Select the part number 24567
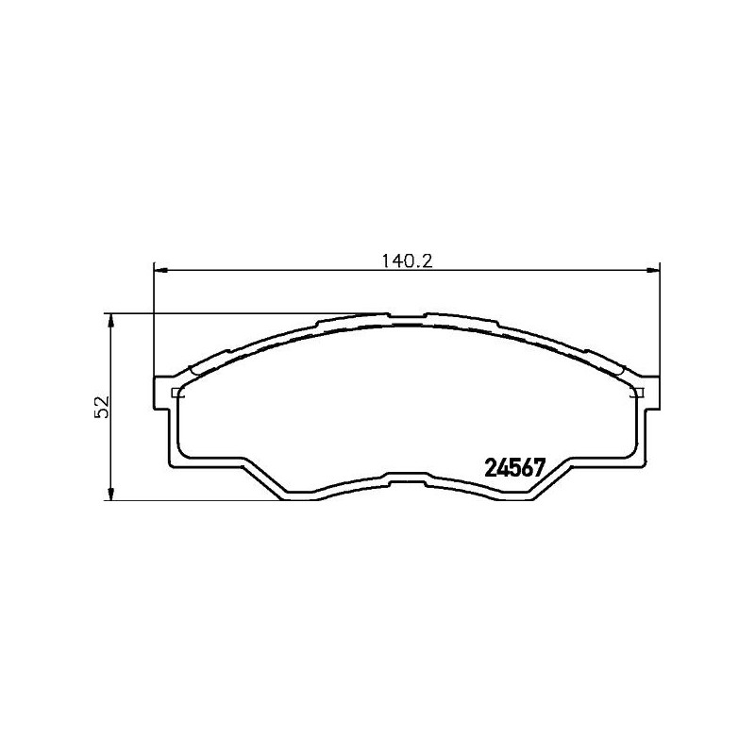point(515,467)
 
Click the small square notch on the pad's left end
point(176,393)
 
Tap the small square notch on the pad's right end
point(637,393)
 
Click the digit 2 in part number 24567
point(490,467)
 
